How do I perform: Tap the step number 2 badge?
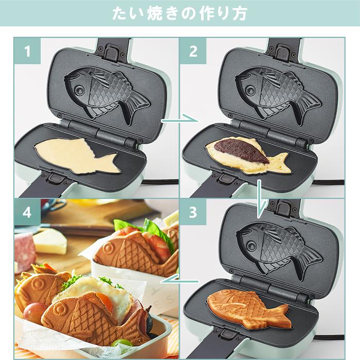pos(193,51)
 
